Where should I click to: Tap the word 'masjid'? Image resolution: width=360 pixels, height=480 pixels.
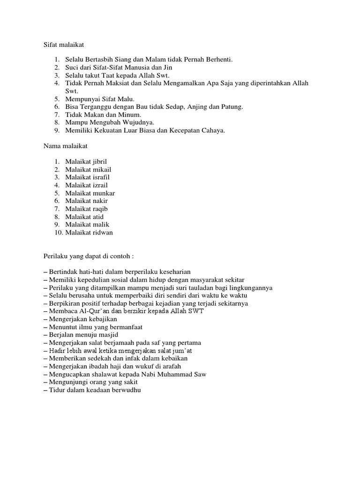[x=108, y=335]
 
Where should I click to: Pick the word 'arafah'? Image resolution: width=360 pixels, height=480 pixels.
[x=170, y=366]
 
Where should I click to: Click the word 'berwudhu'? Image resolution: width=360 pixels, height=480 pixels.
[x=127, y=390]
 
